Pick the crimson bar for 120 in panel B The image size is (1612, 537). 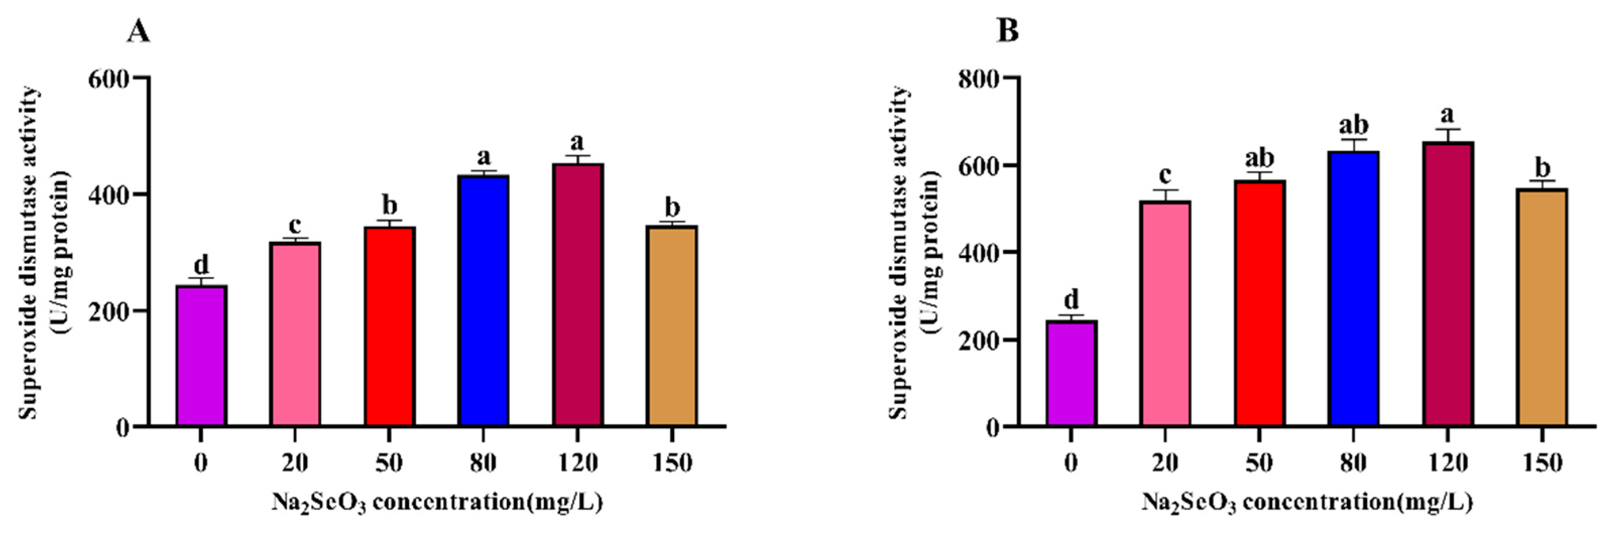point(1448,285)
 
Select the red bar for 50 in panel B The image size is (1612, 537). point(1259,303)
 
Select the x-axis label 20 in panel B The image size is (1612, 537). point(1165,463)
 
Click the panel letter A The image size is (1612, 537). point(138,31)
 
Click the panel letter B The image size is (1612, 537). point(1007,31)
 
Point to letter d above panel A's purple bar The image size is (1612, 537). point(201,264)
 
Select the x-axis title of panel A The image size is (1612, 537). point(437,502)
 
